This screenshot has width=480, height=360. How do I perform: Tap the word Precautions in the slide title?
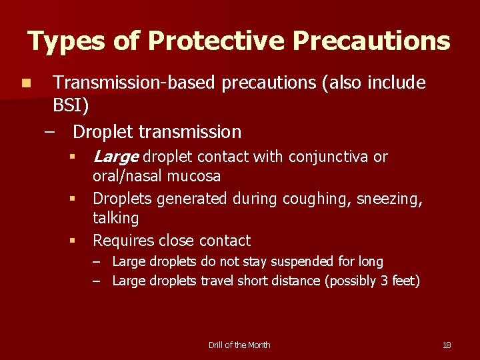tap(371, 42)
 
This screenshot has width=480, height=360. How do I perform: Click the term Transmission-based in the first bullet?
tap(134, 83)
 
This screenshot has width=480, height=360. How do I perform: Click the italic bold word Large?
tap(115, 157)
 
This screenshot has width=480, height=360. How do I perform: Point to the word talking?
tap(115, 218)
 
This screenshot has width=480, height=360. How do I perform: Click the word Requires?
tap(124, 240)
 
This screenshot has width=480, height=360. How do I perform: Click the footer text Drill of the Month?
tap(239, 345)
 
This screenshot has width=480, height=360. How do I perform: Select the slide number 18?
tap(447, 345)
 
